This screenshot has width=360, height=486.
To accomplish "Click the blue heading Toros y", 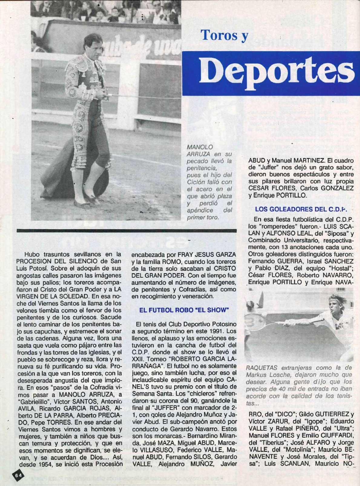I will (224, 35).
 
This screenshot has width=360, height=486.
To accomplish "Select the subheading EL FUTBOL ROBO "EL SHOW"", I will (183, 310).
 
